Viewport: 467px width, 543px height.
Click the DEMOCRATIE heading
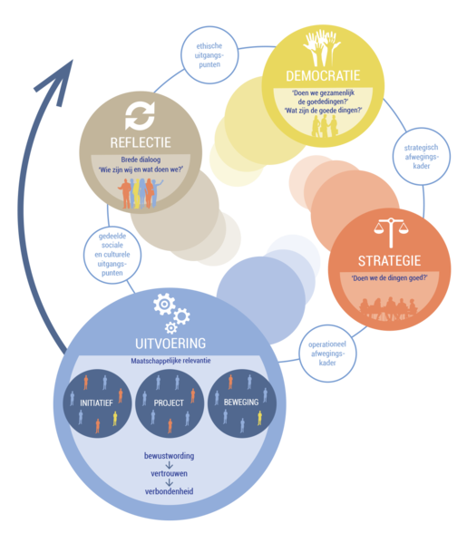coord(323,75)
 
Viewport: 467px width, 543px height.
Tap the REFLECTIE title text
coord(141,142)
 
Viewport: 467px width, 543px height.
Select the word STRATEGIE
coord(389,261)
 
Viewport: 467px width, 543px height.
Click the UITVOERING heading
coord(170,344)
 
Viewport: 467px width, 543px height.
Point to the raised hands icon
coord(322,48)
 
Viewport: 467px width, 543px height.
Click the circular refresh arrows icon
coord(140,116)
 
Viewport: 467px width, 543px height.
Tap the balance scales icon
coord(391,232)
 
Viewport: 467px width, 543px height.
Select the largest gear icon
coord(164,304)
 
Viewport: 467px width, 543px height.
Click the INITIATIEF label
coord(96,403)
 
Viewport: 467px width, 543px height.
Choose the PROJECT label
coord(169,403)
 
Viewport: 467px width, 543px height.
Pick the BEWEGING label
coord(241,402)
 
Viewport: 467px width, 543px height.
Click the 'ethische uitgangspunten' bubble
coord(209,55)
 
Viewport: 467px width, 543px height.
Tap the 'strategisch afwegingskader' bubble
coord(422,157)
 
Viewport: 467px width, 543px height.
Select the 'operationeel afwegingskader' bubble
coord(327,354)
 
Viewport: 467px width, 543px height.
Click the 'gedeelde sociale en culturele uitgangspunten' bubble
coord(112,255)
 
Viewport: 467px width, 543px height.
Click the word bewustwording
coord(169,456)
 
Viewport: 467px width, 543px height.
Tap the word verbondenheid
coord(169,491)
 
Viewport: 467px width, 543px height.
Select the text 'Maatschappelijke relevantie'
coord(170,361)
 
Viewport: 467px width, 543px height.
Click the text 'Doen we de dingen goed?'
coord(389,278)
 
